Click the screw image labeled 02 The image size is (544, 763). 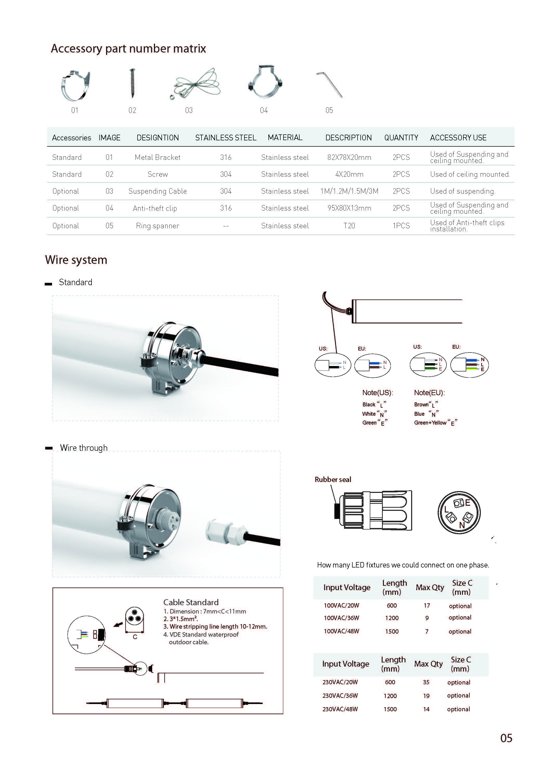(x=132, y=83)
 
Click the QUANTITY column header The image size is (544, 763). (x=401, y=138)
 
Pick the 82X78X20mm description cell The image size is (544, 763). (x=349, y=157)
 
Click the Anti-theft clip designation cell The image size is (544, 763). (x=155, y=208)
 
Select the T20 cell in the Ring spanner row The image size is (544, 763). (x=349, y=226)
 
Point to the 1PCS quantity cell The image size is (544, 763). (x=401, y=226)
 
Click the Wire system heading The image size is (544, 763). (x=76, y=260)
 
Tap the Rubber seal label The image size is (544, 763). (x=333, y=479)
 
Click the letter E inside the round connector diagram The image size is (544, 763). (x=468, y=503)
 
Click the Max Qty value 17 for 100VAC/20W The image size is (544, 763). (x=427, y=605)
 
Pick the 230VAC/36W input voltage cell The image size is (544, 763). (x=340, y=695)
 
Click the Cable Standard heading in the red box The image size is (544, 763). (x=191, y=602)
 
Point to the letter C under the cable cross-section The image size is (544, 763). (x=135, y=637)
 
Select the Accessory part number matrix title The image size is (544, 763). (x=128, y=49)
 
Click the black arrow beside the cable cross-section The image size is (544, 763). (x=118, y=624)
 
